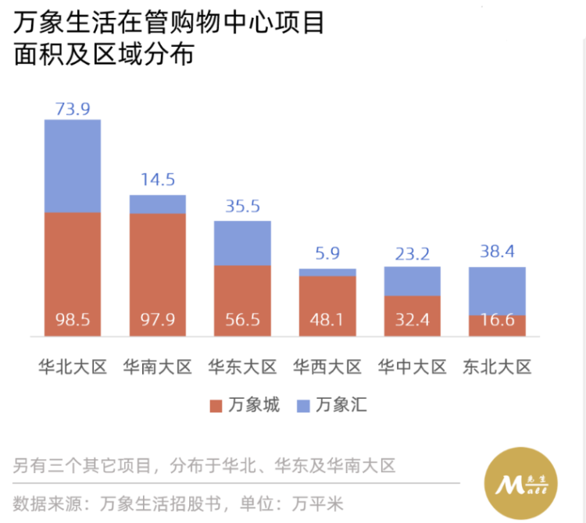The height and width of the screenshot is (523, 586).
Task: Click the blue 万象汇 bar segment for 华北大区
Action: pyautogui.click(x=72, y=165)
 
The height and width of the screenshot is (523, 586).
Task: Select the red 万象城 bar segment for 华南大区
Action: pyautogui.click(x=157, y=265)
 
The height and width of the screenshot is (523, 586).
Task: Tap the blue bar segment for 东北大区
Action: pyautogui.click(x=497, y=290)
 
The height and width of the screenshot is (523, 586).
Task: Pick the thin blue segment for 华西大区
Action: pyautogui.click(x=327, y=272)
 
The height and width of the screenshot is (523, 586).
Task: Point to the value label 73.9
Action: pyautogui.click(x=72, y=109)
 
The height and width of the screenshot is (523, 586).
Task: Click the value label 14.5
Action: pyautogui.click(x=157, y=180)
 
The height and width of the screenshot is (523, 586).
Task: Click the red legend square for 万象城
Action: pyautogui.click(x=216, y=406)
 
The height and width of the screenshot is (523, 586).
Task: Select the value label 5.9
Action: pyautogui.click(x=327, y=254)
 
